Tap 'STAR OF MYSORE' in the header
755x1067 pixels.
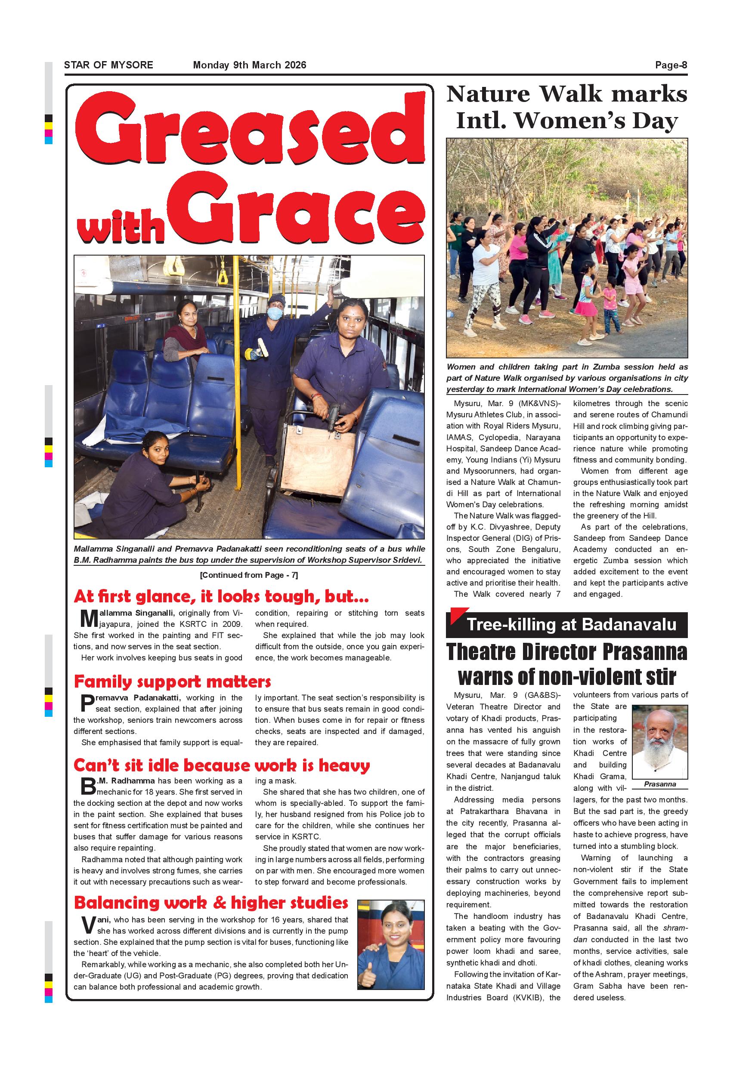point(108,65)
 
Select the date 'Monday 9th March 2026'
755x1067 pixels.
point(249,65)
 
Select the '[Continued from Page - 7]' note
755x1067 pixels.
point(249,575)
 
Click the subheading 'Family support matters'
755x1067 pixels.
point(172,681)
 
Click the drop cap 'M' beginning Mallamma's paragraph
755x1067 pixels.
point(88,619)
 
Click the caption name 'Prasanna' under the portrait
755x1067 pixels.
point(660,784)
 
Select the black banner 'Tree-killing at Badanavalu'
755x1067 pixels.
point(566,625)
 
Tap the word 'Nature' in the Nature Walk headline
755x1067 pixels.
point(488,94)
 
